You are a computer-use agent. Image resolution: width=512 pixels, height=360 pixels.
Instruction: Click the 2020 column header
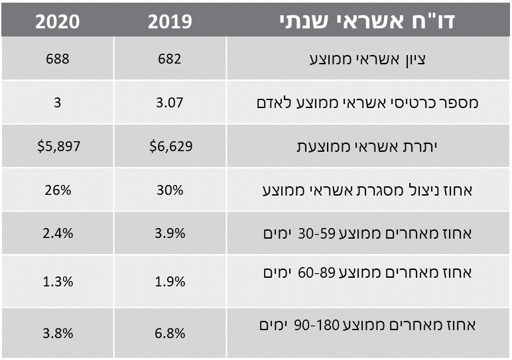click(57, 21)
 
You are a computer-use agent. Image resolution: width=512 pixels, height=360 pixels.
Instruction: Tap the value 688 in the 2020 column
click(57, 59)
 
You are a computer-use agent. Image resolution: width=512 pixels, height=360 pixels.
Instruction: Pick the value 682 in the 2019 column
click(170, 59)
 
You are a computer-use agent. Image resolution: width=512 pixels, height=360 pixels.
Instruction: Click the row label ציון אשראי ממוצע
click(368, 59)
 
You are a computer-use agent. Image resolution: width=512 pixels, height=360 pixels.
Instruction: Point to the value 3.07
click(170, 103)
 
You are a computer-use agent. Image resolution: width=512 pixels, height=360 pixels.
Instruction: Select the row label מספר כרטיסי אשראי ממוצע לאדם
click(367, 103)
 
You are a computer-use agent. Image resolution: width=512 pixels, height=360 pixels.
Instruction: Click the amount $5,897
click(57, 146)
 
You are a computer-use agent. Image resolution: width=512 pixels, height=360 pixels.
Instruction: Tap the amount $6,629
click(170, 146)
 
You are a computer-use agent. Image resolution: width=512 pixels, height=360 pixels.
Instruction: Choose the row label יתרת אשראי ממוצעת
click(368, 146)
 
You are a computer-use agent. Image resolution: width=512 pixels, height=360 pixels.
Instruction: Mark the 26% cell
click(57, 190)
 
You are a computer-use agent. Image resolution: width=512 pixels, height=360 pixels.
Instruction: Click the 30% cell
click(170, 190)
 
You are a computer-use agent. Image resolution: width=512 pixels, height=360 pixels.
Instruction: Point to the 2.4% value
click(57, 234)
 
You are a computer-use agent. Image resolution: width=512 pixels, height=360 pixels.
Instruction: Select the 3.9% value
click(170, 234)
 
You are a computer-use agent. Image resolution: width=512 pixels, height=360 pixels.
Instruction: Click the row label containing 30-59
click(367, 233)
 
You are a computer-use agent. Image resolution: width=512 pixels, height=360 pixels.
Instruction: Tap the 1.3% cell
click(57, 280)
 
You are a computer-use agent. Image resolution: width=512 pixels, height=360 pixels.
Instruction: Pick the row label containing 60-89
click(367, 272)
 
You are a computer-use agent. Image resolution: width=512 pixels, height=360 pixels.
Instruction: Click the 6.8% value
click(170, 333)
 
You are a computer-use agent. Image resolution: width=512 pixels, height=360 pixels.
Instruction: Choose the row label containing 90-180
click(367, 326)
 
